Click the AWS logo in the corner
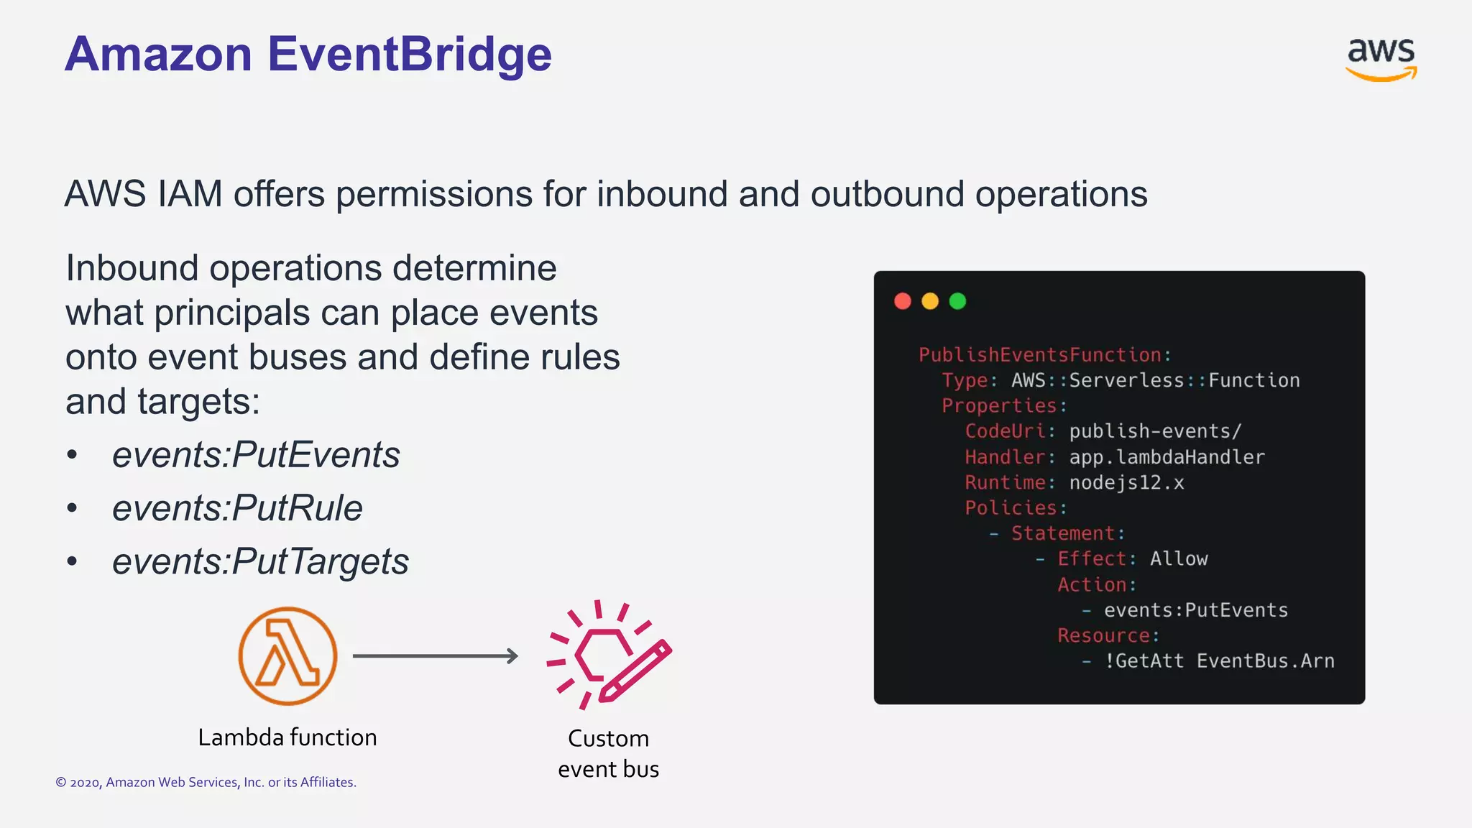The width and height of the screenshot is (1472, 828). [1381, 59]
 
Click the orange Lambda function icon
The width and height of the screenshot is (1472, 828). [287, 655]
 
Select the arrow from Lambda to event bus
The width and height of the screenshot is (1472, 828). [436, 655]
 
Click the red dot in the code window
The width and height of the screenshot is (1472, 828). [903, 301]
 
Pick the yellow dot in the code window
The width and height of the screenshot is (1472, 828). [930, 301]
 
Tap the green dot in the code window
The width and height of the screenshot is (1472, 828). [957, 301]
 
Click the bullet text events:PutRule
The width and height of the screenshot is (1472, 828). [237, 508]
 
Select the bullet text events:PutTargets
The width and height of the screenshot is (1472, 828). [260, 561]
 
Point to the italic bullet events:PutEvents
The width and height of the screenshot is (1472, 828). [256, 455]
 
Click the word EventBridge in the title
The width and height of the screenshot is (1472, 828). [410, 55]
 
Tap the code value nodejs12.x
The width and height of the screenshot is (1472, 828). [1126, 482]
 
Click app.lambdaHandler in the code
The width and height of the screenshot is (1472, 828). [1167, 457]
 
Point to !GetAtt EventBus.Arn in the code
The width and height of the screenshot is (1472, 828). [1219, 661]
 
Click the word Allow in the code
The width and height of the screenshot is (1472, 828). [1179, 559]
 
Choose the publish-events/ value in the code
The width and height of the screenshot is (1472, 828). [1155, 431]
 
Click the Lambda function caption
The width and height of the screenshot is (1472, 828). [287, 737]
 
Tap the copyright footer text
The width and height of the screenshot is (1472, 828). [206, 782]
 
